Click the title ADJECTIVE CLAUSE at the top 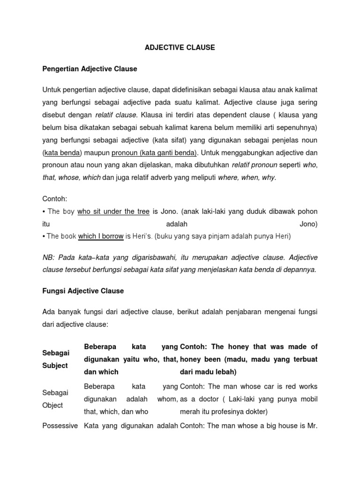pyautogui.click(x=180, y=47)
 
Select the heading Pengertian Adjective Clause pyautogui.click(x=90, y=69)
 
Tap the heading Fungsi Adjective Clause pyautogui.click(x=83, y=291)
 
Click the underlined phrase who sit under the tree pyautogui.click(x=113, y=212)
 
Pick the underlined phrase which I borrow pyautogui.click(x=101, y=236)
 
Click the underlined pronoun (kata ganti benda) pyautogui.click(x=154, y=152)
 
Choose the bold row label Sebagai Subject pyautogui.click(x=55, y=360)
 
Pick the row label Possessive pyautogui.click(x=60, y=425)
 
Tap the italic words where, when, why pyautogui.click(x=247, y=178)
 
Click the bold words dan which pyautogui.click(x=101, y=372)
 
